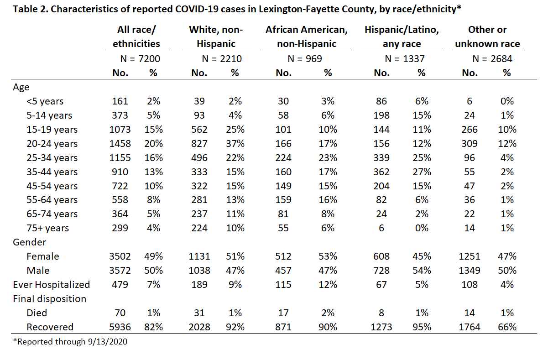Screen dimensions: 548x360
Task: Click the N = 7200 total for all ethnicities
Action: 140,59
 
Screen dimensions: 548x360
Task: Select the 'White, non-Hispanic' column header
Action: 216,37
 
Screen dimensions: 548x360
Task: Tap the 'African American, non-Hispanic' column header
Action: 307,37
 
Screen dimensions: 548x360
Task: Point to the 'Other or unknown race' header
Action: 487,37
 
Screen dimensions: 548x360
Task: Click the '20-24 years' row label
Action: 52,144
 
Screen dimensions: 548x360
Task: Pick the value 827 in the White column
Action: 199,144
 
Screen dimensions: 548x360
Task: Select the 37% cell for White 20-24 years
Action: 235,144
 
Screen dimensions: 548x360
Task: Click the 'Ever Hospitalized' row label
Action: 52,285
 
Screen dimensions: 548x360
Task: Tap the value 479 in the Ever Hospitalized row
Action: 120,285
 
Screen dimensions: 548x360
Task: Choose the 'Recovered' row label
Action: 50,327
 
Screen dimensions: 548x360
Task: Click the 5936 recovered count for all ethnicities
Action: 120,327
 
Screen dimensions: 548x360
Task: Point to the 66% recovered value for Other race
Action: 507,327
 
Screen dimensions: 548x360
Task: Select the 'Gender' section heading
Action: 29,242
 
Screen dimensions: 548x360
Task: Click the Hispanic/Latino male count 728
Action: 381,271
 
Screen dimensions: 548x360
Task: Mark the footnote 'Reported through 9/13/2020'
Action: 70,342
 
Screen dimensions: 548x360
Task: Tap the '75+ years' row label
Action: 48,228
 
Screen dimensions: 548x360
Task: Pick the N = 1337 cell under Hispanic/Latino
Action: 405,59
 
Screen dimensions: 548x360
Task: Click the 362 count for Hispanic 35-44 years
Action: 381,172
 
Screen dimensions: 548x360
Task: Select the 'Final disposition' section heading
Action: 49,299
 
